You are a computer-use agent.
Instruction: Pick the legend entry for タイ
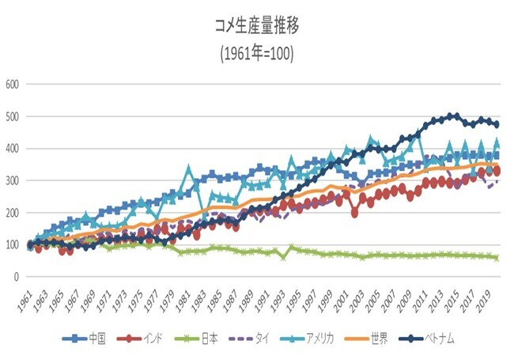pyautogui.click(x=253, y=339)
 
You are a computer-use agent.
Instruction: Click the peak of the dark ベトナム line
pyautogui.click(x=454, y=116)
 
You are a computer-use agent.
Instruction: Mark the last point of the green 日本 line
pyautogui.click(x=496, y=257)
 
